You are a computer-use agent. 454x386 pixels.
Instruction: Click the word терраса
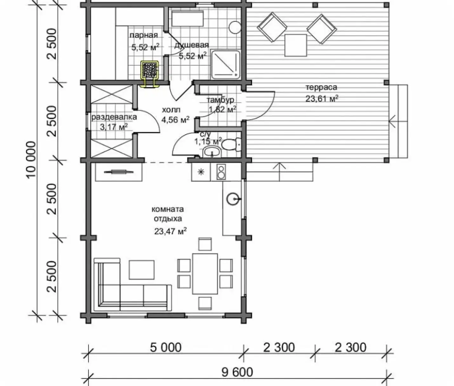(321, 87)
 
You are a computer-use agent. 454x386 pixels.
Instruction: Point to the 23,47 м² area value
(170, 231)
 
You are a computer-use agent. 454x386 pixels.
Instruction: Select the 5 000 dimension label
(166, 348)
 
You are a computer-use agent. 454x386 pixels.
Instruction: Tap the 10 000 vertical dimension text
(31, 160)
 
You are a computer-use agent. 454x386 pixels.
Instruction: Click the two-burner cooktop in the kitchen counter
(221, 172)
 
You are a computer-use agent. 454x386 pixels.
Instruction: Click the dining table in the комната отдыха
(205, 274)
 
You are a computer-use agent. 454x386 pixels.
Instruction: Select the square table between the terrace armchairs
(296, 45)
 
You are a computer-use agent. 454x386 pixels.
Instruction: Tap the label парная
(144, 35)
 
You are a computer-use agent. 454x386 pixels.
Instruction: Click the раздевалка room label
(114, 117)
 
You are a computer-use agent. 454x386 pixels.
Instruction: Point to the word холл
(171, 110)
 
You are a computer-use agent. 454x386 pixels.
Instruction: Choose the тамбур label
(220, 100)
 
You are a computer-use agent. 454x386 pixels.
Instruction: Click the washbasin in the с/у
(212, 152)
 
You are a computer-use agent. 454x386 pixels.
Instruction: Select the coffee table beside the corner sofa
(142, 270)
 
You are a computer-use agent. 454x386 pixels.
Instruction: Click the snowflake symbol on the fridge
(201, 172)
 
